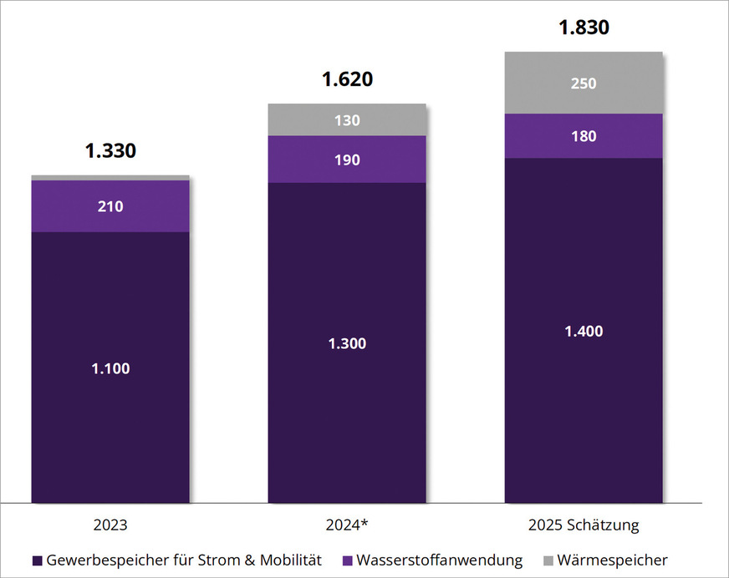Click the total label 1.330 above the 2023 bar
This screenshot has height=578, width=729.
[110, 151]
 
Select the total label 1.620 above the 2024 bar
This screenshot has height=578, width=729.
[347, 80]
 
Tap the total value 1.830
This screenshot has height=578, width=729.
[584, 28]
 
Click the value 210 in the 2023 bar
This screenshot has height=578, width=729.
[110, 205]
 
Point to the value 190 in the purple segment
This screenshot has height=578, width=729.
[347, 160]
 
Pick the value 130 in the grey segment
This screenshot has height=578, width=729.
[347, 120]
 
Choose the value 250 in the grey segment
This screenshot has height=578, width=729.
[584, 83]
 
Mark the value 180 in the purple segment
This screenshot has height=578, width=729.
[584, 136]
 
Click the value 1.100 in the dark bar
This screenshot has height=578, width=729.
[110, 368]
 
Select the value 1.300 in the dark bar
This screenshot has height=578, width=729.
[347, 343]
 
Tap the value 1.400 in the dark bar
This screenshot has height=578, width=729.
[584, 331]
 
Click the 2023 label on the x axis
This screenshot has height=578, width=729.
[110, 525]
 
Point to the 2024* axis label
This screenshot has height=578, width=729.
[347, 525]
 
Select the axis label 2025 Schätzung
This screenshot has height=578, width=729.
[584, 525]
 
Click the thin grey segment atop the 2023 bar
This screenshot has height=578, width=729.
[110, 178]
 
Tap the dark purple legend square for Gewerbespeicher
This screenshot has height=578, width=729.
[37, 560]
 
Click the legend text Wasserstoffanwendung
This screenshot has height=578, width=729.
[439, 560]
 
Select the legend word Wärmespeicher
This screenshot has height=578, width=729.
[612, 560]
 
